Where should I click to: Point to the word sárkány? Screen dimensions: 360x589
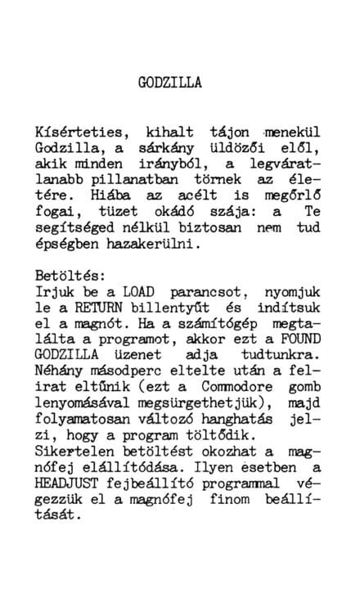point(155,149)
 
